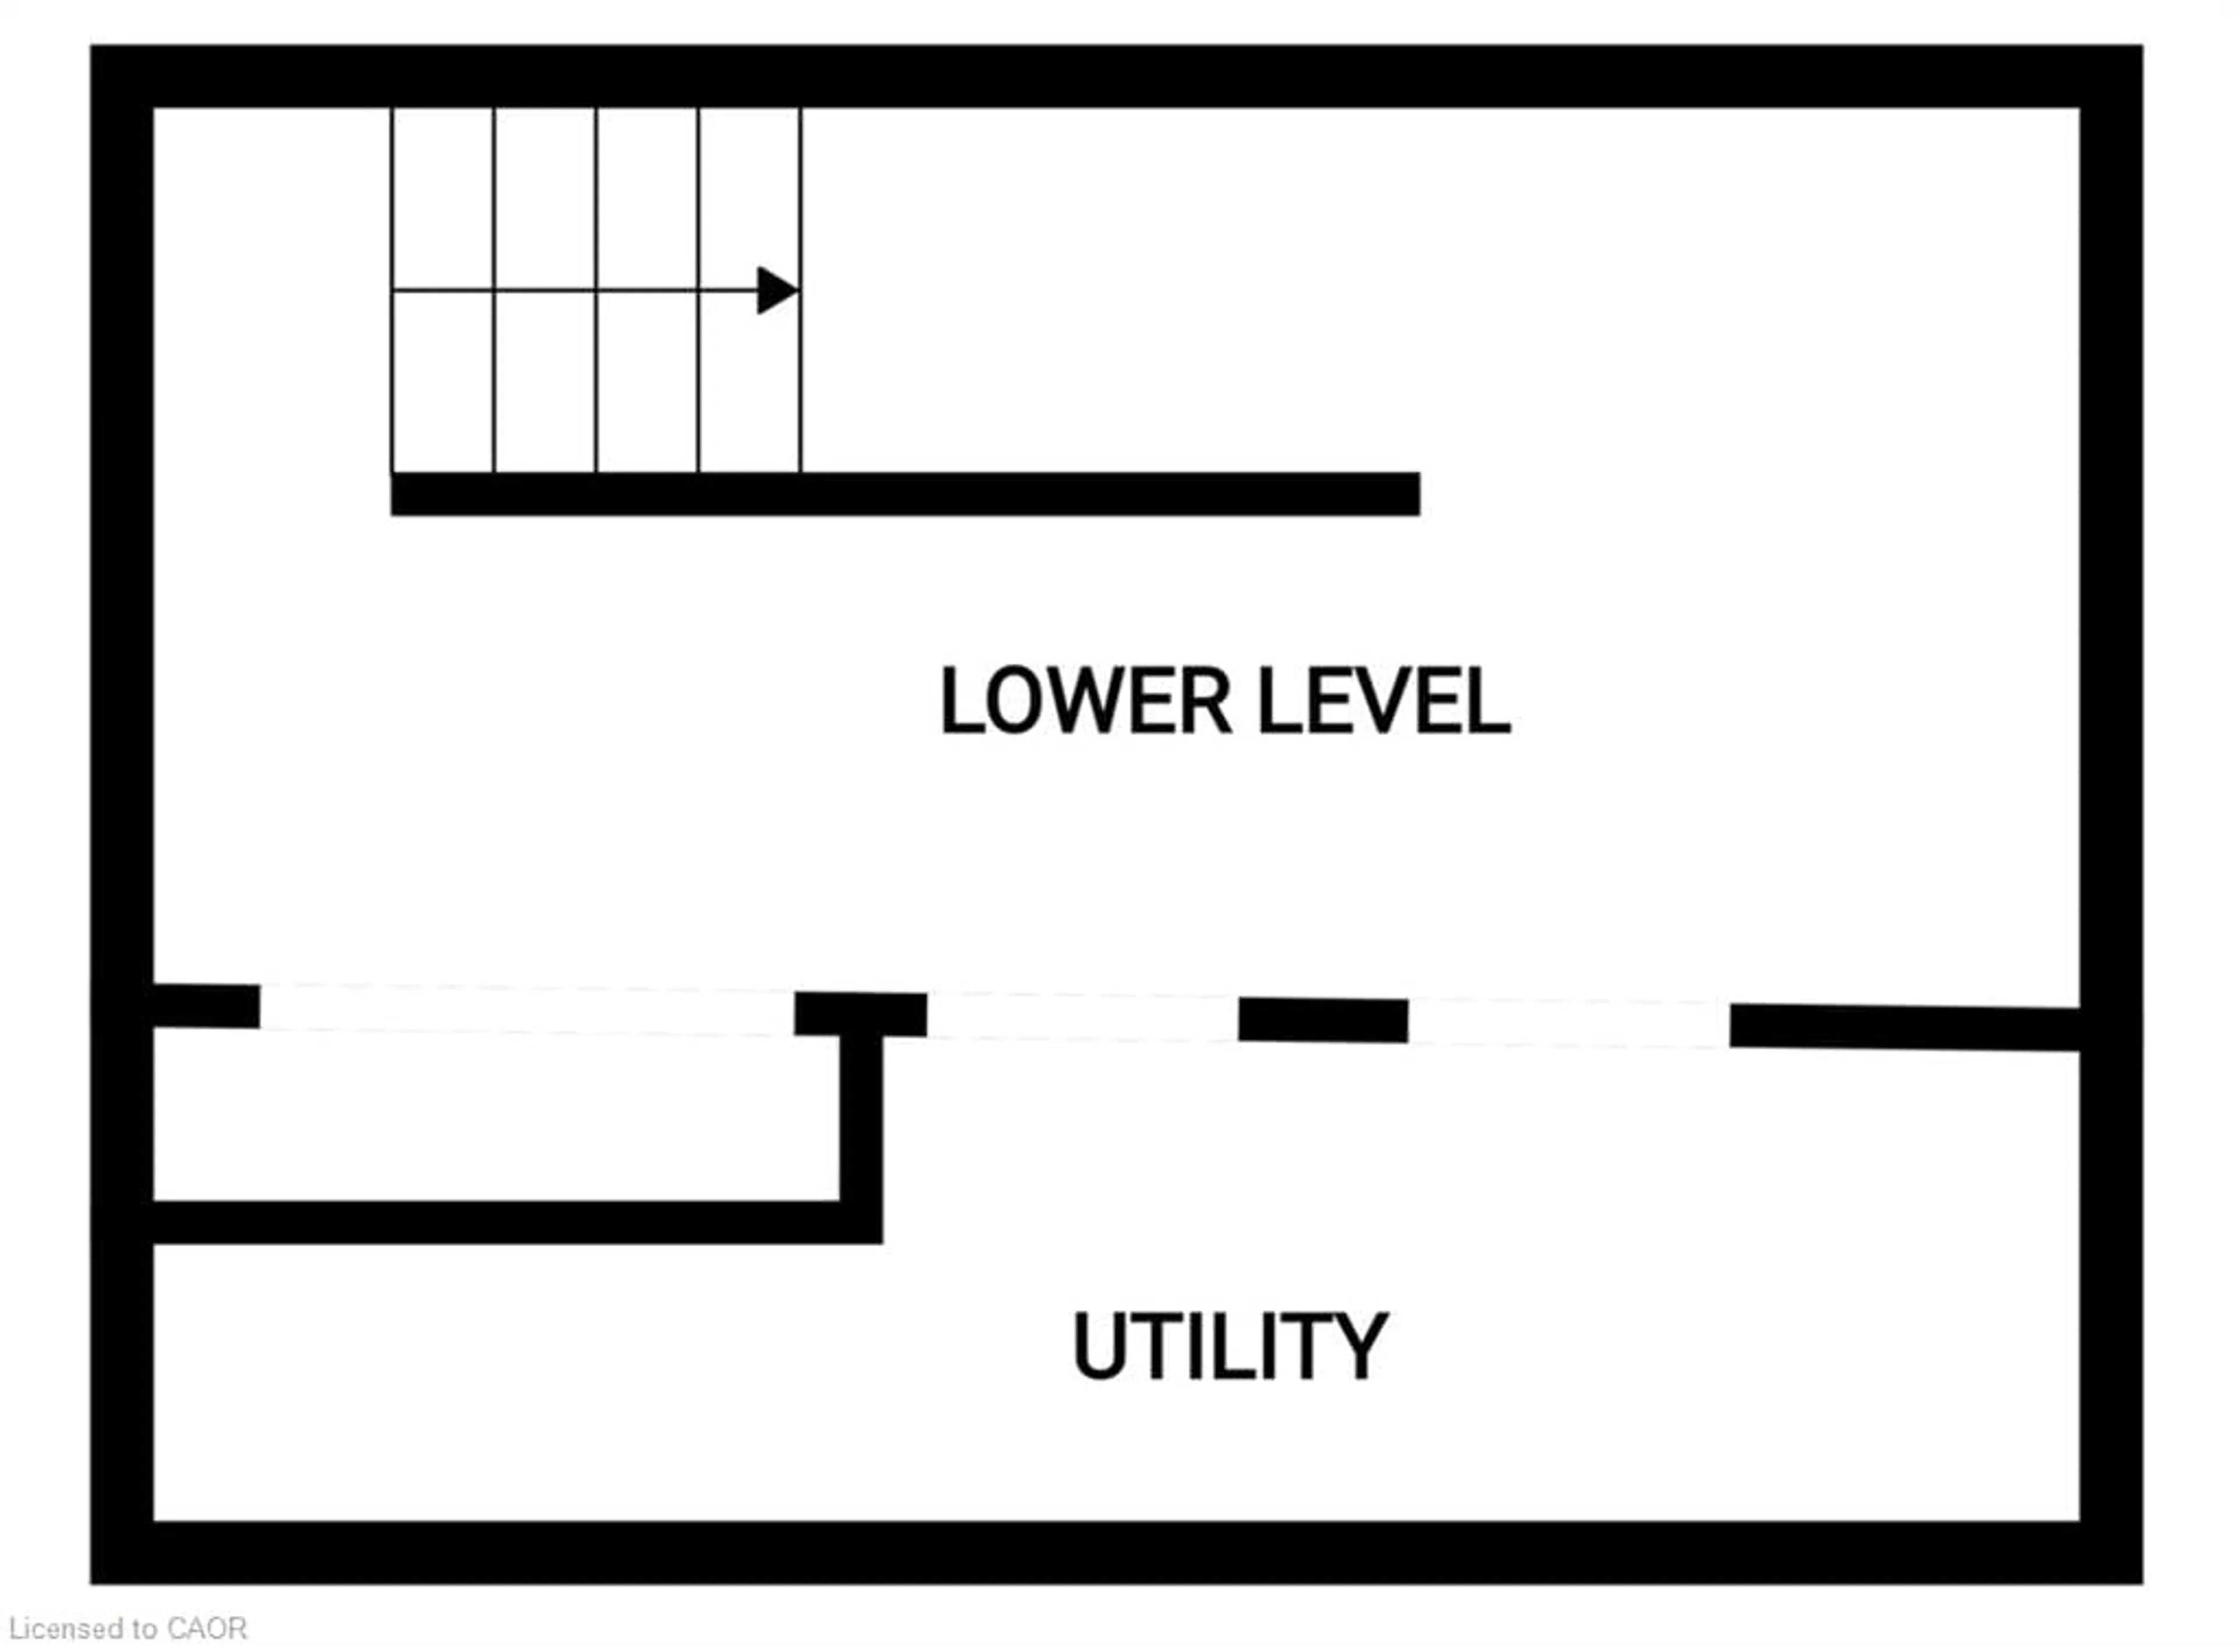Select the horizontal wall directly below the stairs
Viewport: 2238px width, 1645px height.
(905, 494)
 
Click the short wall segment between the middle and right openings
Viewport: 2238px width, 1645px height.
(1322, 1019)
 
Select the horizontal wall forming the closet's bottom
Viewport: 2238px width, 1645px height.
(498, 1222)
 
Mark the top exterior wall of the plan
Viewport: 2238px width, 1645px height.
(1116, 76)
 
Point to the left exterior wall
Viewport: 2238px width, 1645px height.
(121, 797)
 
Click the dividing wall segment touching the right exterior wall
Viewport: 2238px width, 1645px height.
(1902, 1026)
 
